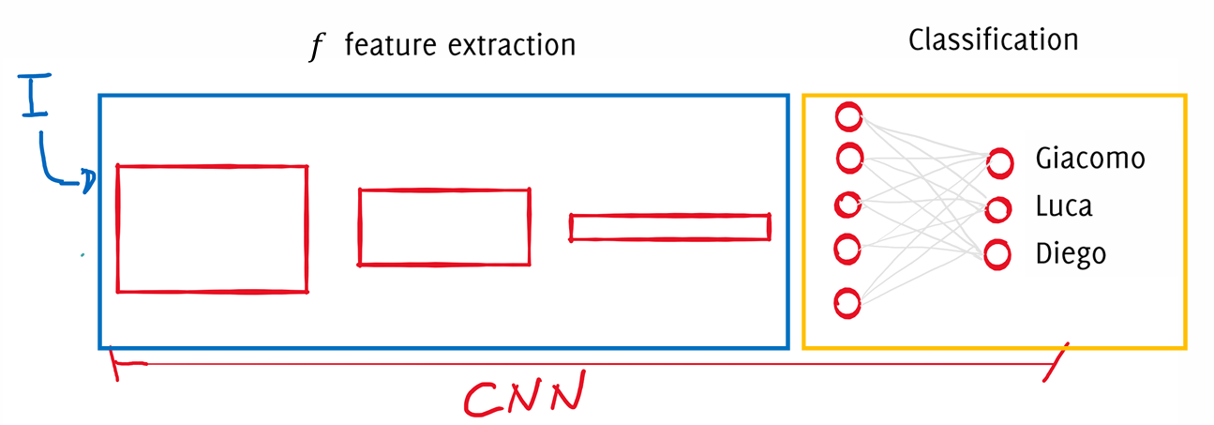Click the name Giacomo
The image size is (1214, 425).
[x=1089, y=159]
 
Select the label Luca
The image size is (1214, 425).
[x=1063, y=206]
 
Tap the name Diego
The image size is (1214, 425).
[x=1071, y=253]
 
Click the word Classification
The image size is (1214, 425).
[x=993, y=40]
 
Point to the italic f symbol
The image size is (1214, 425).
[x=316, y=46]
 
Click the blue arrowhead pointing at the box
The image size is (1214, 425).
[x=87, y=181]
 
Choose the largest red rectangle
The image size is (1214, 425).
[x=212, y=229]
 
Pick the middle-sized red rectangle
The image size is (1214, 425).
[x=444, y=227]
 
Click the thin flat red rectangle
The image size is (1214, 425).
[x=670, y=228]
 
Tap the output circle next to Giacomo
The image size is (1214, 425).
[x=999, y=163]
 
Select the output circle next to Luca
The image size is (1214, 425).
[x=999, y=207]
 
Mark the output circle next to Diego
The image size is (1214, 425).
[x=997, y=253]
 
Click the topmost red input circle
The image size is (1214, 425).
[x=848, y=117]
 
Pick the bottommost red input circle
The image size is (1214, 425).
[x=847, y=303]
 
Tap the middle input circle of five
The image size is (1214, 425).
[x=849, y=205]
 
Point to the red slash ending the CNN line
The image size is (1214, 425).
[x=1054, y=363]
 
